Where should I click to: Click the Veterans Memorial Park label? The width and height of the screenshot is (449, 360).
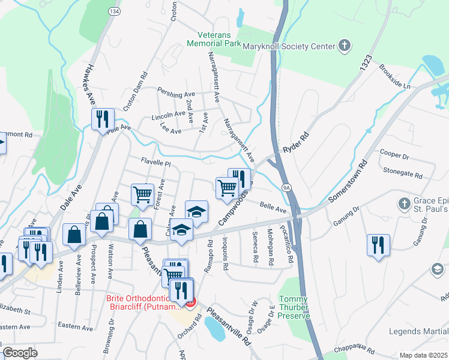214,39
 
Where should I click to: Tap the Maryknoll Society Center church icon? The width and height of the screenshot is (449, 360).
344,46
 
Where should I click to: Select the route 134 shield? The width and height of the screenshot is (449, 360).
113,11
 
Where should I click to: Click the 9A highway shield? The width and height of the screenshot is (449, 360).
288,188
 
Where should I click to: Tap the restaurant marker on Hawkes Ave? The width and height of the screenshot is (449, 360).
102,118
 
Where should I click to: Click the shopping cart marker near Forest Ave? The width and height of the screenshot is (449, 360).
142,194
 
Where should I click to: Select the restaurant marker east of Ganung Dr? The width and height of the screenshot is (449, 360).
379,245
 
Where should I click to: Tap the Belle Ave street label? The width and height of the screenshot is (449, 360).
273,208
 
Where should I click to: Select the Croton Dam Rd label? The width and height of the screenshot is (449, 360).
135,92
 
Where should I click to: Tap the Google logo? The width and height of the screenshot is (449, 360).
20,353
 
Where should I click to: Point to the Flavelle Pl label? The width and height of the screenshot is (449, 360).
156,162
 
